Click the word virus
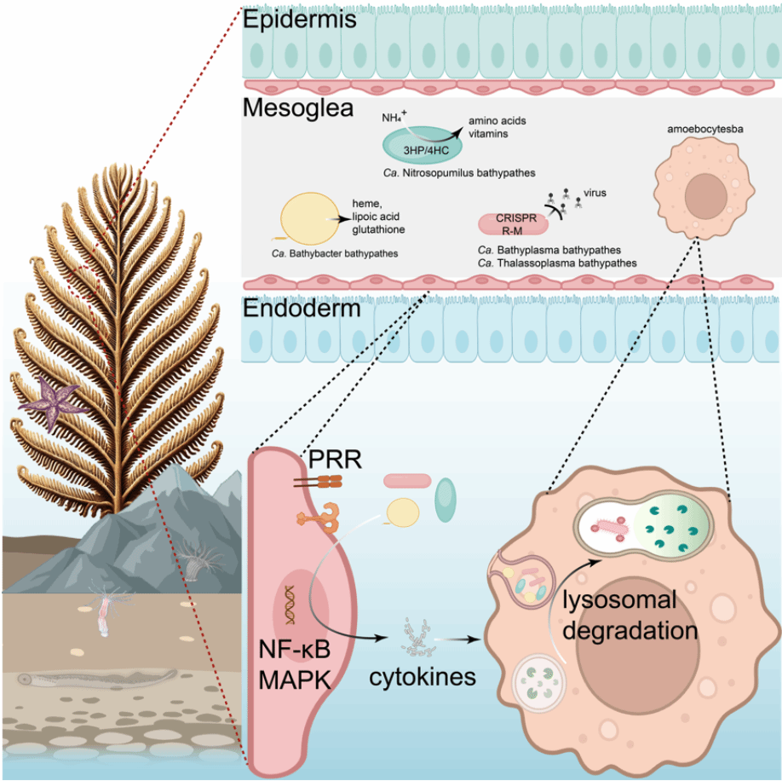coord(595,193)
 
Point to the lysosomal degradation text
coord(629,616)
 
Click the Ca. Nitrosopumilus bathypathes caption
coord(458,173)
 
